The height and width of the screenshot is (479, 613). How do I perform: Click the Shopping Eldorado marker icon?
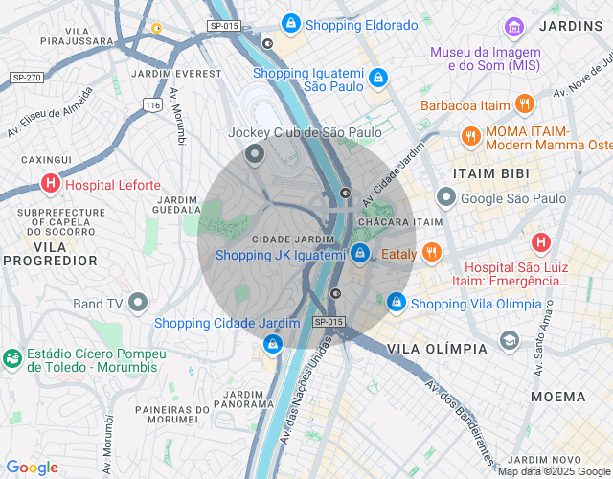tap(290, 23)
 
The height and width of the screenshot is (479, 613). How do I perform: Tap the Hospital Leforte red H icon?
tap(50, 184)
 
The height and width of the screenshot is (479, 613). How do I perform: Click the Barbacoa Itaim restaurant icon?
tap(523, 104)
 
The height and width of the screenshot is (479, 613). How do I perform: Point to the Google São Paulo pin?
tap(445, 197)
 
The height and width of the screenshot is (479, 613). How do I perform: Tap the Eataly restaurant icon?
tap(432, 253)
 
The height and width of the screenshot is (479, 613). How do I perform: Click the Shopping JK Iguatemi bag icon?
tap(359, 253)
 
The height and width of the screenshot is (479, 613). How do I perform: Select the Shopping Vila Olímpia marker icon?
tap(396, 303)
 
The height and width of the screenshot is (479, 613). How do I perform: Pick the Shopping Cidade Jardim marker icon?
tap(273, 342)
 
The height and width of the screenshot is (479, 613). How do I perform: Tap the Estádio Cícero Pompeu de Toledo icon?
tap(12, 358)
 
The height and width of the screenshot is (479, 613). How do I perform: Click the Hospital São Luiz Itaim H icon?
tap(541, 242)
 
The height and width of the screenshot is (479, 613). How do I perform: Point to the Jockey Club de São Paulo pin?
tap(255, 152)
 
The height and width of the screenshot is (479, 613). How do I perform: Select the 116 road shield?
tap(151, 103)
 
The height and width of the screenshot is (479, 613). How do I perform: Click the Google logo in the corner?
tap(32, 467)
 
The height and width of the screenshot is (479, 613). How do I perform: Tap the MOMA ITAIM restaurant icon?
tap(470, 136)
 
